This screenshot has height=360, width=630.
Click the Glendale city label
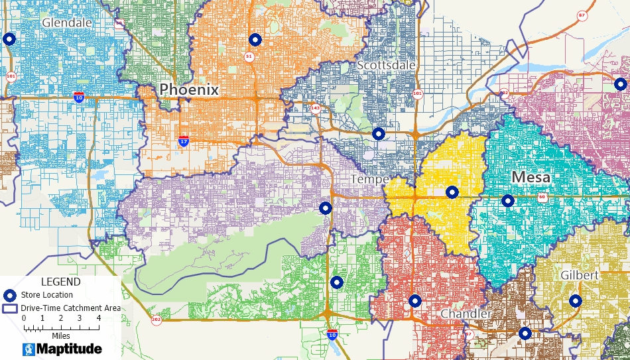66,23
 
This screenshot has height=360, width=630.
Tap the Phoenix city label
189,90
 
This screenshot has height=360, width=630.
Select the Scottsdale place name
386,65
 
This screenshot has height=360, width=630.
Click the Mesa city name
531,177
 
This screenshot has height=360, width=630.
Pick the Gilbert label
578,274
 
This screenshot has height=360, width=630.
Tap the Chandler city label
466,314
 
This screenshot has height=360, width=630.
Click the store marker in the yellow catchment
452,192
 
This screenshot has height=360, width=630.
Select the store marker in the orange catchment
255,40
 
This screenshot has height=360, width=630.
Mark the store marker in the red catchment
415,301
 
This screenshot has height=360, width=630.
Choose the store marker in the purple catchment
326,208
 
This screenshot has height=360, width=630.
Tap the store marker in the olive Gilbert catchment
575,301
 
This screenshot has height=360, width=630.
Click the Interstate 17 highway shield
184,141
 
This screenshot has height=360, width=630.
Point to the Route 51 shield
249,57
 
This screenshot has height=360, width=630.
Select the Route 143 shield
316,108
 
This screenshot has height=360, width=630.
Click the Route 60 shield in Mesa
542,197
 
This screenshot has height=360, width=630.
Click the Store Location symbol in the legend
10,295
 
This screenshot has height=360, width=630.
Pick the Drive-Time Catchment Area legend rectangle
10,308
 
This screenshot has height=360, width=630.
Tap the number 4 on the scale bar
99,318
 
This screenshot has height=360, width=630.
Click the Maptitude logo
62,349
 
